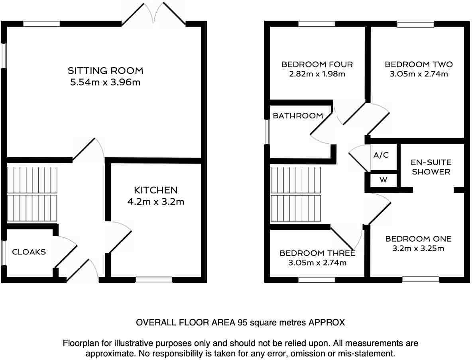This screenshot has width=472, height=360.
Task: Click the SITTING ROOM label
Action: pyautogui.click(x=105, y=71)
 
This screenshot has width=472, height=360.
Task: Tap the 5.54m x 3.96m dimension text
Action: pyautogui.click(x=105, y=83)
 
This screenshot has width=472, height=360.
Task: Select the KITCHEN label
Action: pyautogui.click(x=155, y=190)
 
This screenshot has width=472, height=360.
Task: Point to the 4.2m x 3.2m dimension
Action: pyautogui.click(x=155, y=202)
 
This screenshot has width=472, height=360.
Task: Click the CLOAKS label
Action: pyautogui.click(x=29, y=252)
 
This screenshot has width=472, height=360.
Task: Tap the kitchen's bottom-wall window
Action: pyautogui.click(x=154, y=280)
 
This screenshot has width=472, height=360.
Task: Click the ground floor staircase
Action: pyautogui.click(x=32, y=194)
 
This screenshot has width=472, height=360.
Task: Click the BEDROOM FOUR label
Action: pyautogui.click(x=317, y=65)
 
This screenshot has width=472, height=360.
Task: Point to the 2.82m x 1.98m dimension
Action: pyautogui.click(x=317, y=74)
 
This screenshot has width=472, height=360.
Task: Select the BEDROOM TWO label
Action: pyautogui.click(x=419, y=65)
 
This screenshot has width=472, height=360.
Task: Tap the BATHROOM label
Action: pyautogui.click(x=298, y=116)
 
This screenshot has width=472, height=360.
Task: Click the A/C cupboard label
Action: pyautogui.click(x=381, y=155)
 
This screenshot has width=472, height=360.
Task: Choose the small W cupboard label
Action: pyautogui.click(x=383, y=180)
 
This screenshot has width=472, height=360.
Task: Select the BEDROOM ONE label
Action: pyautogui.click(x=418, y=239)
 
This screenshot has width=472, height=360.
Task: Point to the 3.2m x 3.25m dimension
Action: pyautogui.click(x=418, y=248)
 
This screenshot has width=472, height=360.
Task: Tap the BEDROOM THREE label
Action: pyautogui.click(x=317, y=253)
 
